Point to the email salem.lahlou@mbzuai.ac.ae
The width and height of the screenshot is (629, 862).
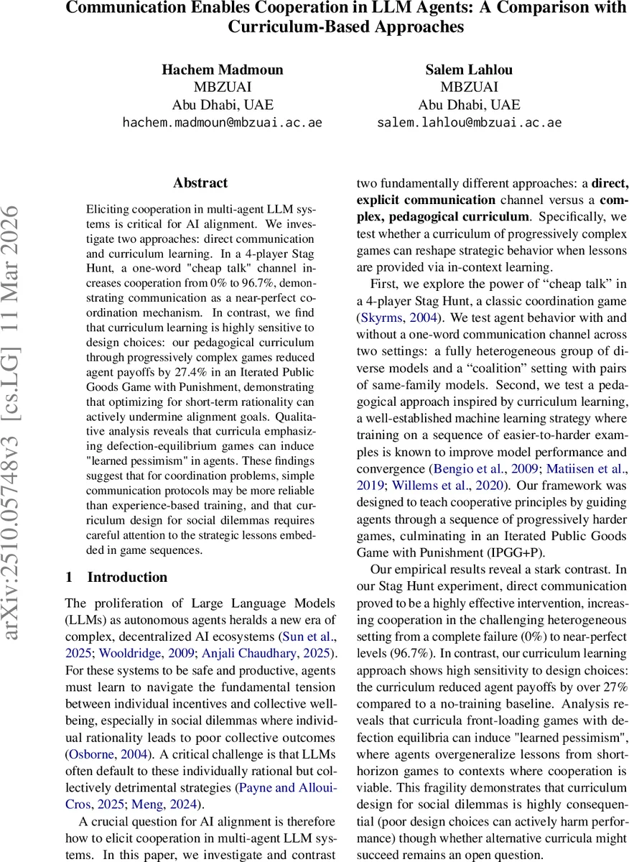click(469, 122)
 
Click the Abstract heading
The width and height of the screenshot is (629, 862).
click(200, 183)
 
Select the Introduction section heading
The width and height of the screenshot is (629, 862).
click(116, 578)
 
